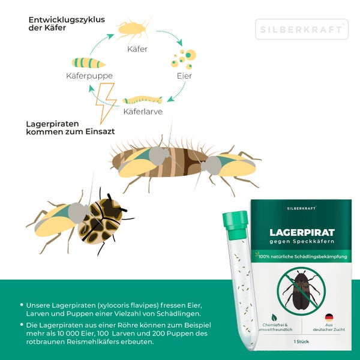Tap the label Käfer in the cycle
(137, 49)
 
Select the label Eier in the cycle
(184, 77)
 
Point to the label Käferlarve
(143, 112)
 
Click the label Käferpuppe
(89, 76)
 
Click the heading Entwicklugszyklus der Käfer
(66, 24)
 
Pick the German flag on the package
(329, 317)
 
